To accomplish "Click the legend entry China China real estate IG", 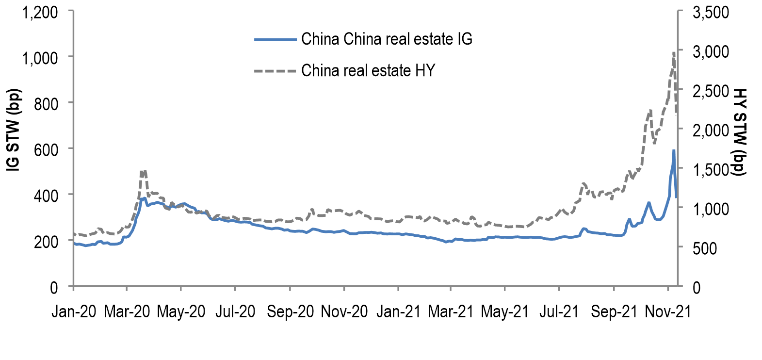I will coord(387,39).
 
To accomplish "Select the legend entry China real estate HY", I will coord(368,71).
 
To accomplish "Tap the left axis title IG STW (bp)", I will coord(14,130).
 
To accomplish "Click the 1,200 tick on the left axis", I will coord(40,12).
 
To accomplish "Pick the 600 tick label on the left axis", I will coord(46,149).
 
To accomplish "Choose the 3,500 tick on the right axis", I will coord(711,12).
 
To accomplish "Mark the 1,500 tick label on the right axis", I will coord(711,169).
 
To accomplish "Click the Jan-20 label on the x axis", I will coord(74,311).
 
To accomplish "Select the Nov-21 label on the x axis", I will coord(667,311).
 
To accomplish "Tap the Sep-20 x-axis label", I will coord(290,311).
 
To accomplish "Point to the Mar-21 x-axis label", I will coord(451,311).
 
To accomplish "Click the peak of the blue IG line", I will coord(674,150).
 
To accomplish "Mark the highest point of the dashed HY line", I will coord(674,52).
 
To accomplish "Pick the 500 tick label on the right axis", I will coord(711,248).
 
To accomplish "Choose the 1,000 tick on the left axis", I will coord(40,58).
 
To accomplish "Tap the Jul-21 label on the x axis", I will coord(559,311).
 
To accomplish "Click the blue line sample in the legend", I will coord(275,39).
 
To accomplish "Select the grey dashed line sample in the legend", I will coord(275,71).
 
